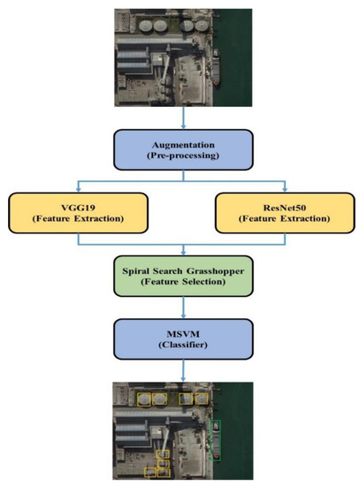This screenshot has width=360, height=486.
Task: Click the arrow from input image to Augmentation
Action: tap(182, 110)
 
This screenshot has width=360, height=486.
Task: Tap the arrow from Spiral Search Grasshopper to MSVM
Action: tap(182, 304)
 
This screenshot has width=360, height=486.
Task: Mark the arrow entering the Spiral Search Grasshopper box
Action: tap(182, 249)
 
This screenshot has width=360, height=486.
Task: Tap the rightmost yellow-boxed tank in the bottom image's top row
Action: tap(202, 400)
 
